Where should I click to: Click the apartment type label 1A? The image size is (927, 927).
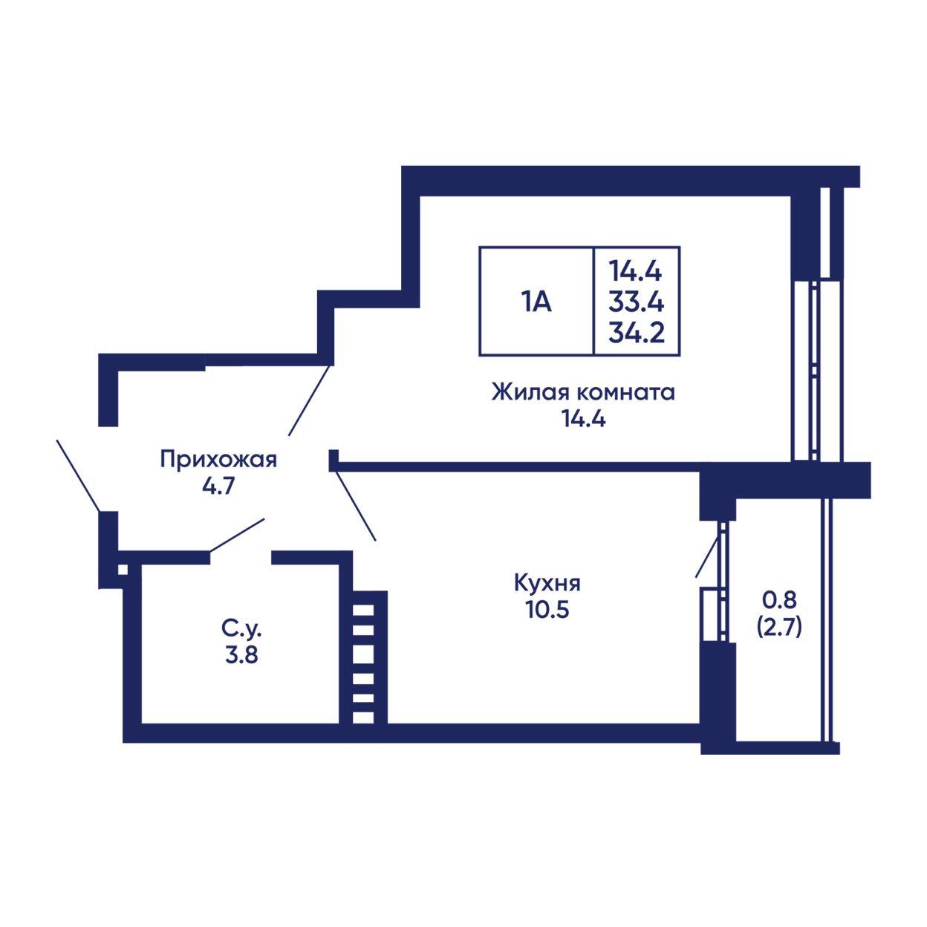tap(536, 303)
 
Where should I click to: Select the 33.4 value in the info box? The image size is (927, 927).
tap(636, 303)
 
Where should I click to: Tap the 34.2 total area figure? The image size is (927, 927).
tap(637, 333)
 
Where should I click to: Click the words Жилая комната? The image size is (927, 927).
tap(583, 392)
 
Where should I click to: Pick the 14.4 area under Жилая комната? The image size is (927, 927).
tap(584, 420)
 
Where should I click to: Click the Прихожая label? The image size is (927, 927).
tap(218, 459)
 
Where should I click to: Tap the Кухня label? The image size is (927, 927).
tap(547, 584)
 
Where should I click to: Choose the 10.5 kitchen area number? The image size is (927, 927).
tap(547, 610)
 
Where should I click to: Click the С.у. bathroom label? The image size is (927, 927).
tap(241, 628)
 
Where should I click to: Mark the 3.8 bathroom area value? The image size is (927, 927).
tap(241, 655)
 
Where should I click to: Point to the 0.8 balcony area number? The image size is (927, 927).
tap(780, 600)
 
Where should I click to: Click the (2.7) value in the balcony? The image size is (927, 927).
tap(779, 628)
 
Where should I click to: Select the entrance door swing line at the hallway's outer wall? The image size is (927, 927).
tap(79, 475)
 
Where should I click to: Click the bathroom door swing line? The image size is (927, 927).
tap(237, 535)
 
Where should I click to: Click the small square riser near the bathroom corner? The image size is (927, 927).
tap(123, 570)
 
